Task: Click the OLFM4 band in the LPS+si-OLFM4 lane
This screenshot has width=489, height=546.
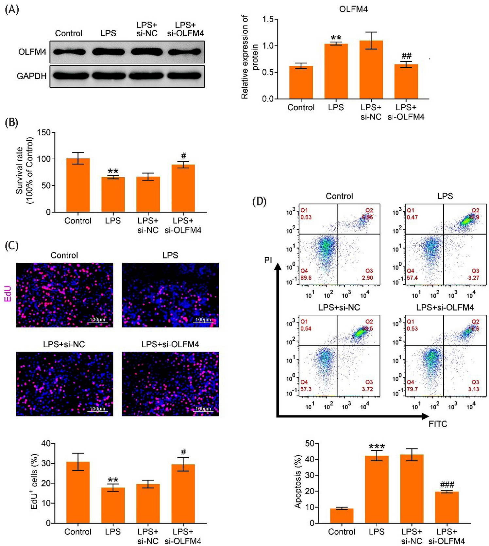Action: (185, 52)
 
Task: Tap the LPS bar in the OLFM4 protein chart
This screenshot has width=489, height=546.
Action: (336, 71)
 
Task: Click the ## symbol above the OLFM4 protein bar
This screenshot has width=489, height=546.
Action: (406, 56)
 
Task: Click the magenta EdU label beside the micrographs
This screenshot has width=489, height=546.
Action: (8, 293)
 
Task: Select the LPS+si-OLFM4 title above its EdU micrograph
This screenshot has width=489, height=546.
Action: (170, 344)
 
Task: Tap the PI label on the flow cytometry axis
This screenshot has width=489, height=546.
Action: (268, 260)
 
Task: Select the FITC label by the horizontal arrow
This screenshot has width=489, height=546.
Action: (438, 424)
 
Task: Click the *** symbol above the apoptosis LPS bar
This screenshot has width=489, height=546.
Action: (377, 447)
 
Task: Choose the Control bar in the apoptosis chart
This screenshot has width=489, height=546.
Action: (342, 516)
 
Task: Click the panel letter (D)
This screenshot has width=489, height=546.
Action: (259, 202)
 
